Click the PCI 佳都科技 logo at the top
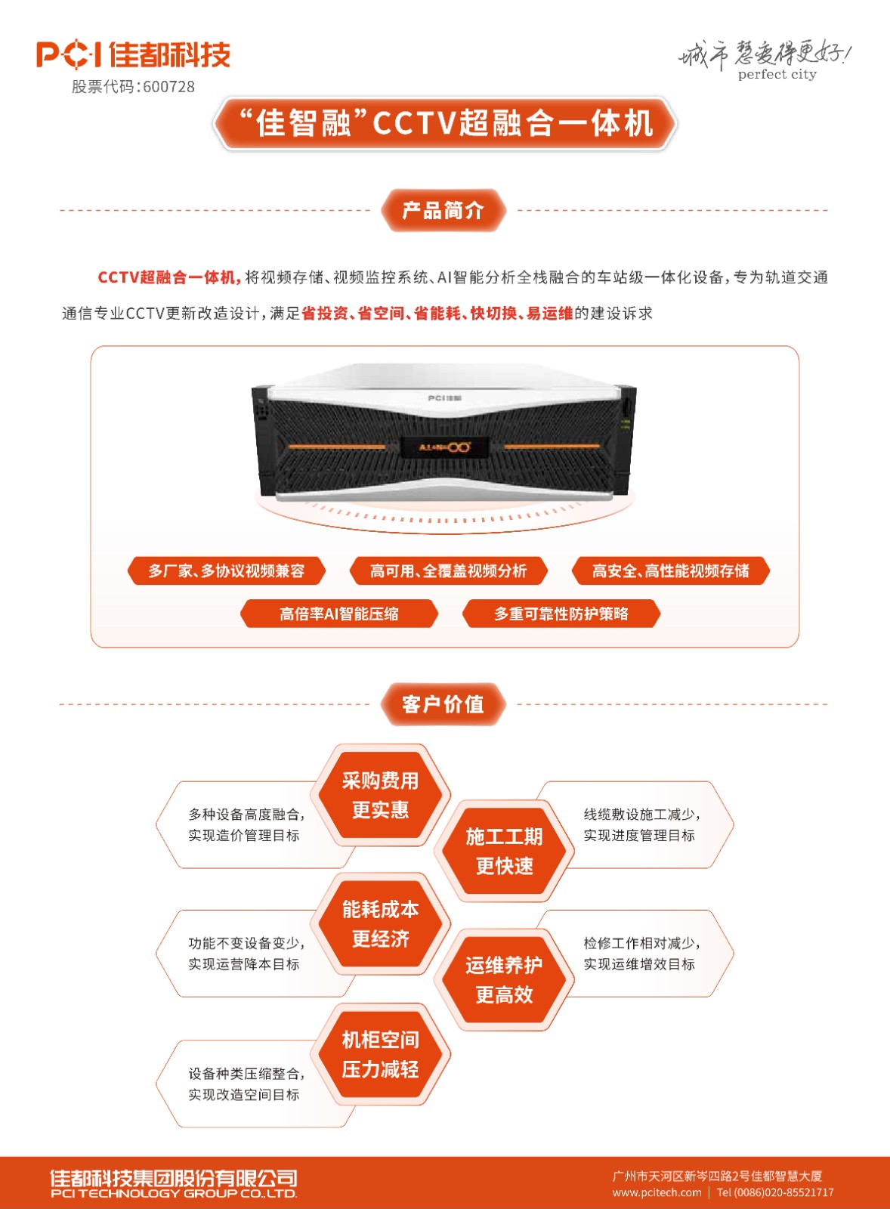point(133,54)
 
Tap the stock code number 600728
point(169,87)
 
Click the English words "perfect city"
point(777,75)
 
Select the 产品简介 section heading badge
point(443,210)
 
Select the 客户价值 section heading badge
point(443,704)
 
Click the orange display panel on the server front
point(444,447)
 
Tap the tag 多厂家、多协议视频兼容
point(227,570)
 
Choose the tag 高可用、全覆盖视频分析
point(449,570)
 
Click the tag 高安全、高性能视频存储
point(670,570)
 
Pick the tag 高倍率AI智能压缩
point(339,614)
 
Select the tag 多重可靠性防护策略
point(561,614)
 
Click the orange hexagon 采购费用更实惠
point(381,795)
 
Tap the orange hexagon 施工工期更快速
point(505,851)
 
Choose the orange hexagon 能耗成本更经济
point(381,925)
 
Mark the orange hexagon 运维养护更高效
point(505,980)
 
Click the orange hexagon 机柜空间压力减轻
point(381,1055)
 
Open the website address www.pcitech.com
point(657,1192)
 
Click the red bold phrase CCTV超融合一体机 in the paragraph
point(169,277)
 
